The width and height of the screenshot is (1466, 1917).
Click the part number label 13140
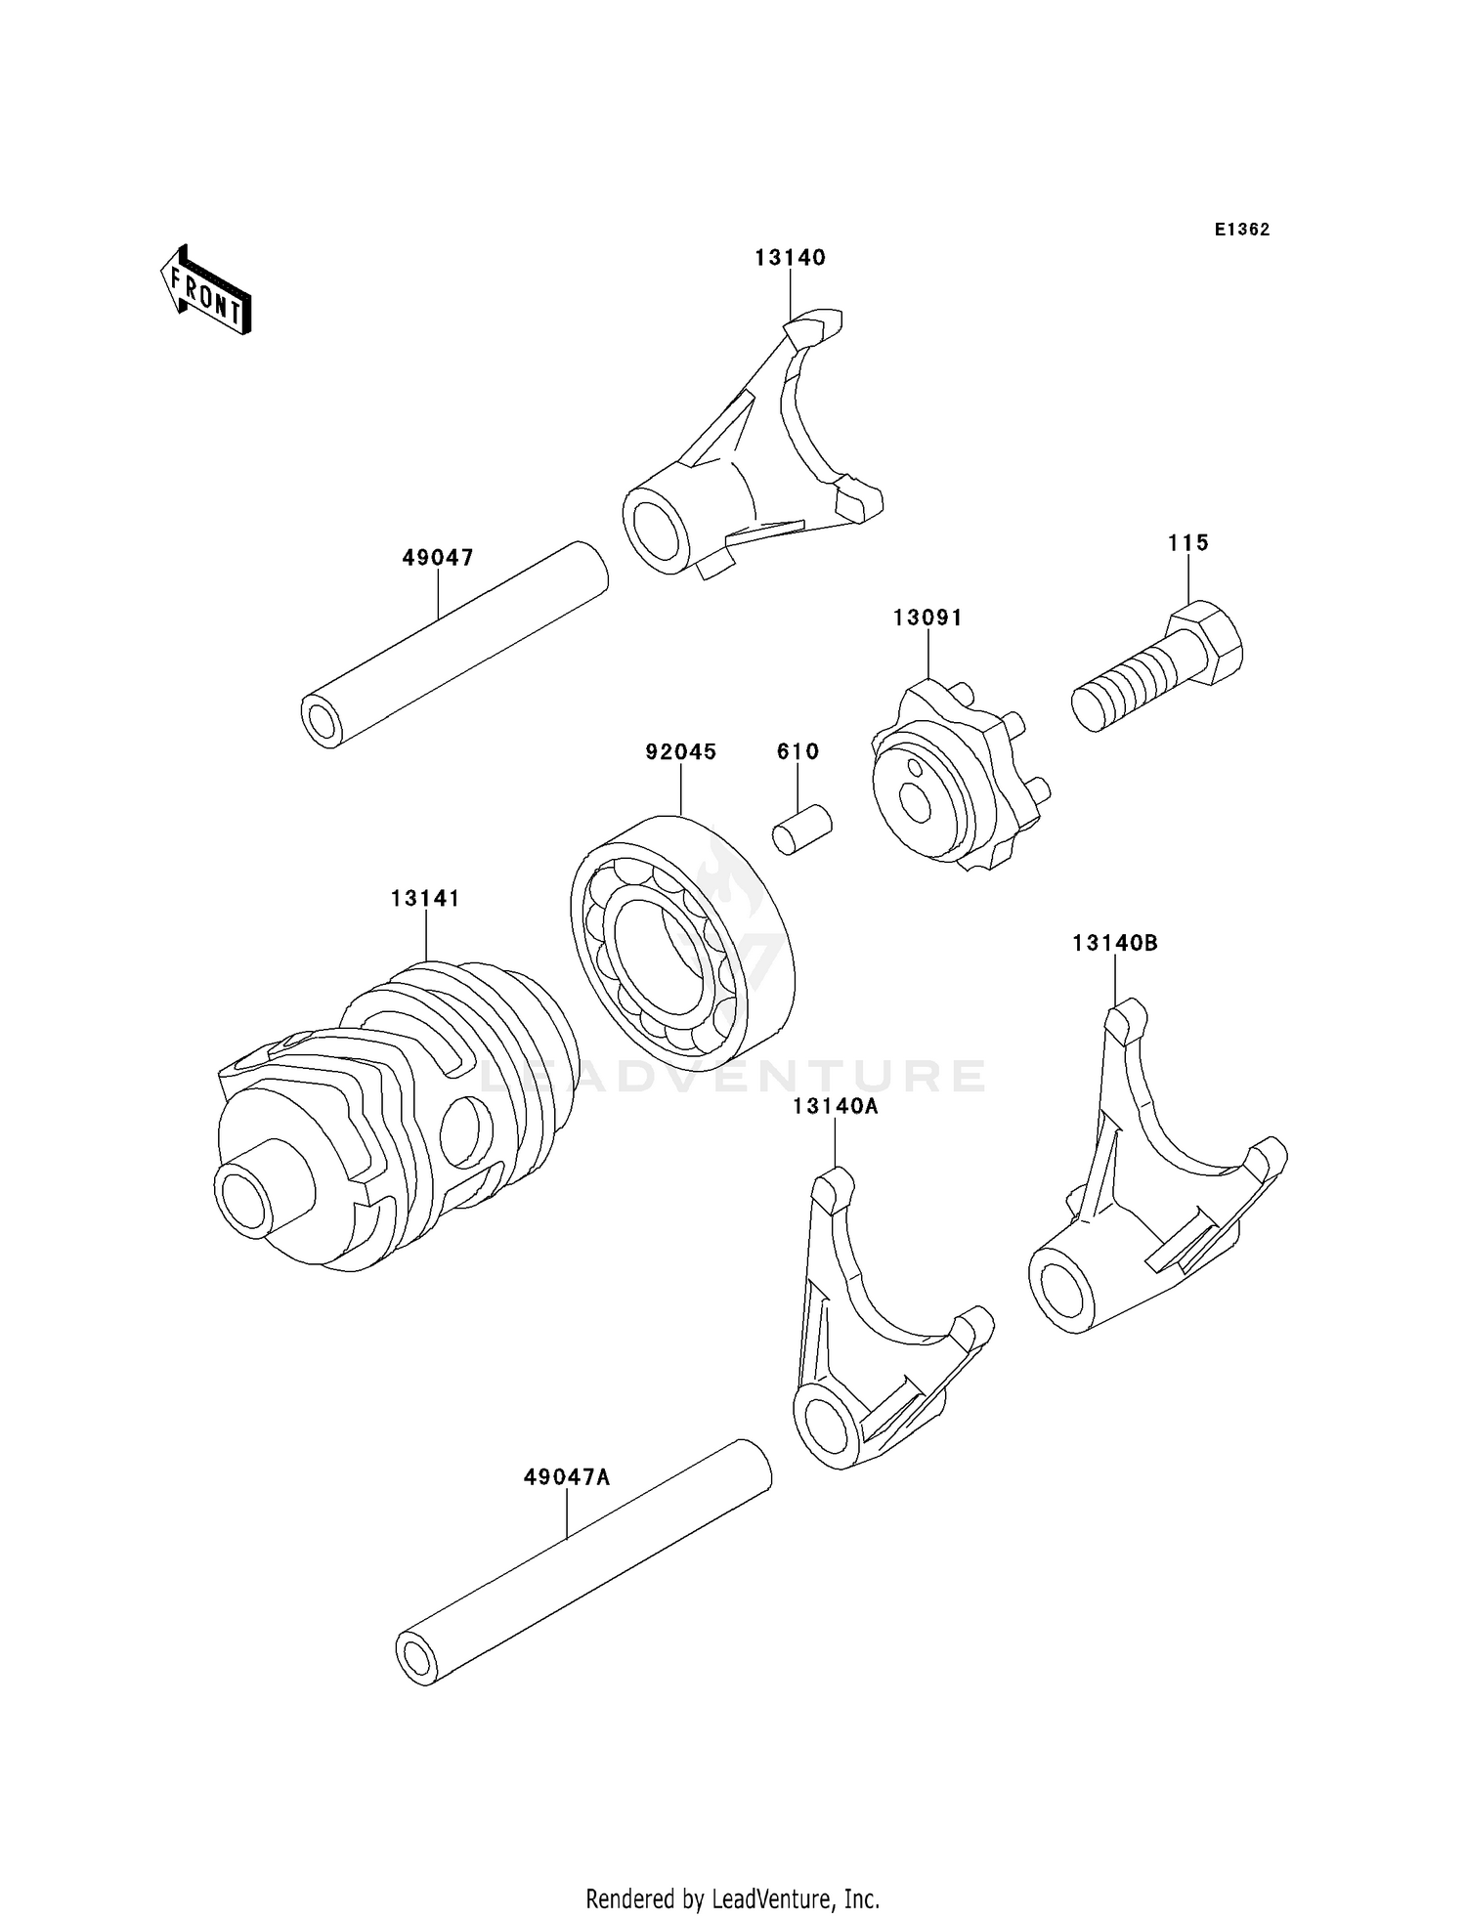[x=790, y=258]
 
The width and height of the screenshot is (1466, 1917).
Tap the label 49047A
[x=566, y=1477]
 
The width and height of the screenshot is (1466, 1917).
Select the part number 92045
[x=680, y=751]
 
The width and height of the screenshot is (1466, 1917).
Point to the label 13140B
[x=1114, y=943]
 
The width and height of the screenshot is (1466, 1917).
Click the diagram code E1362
[x=1242, y=230]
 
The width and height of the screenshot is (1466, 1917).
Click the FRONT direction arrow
[x=206, y=291]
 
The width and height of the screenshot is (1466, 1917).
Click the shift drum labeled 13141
[x=391, y=1114]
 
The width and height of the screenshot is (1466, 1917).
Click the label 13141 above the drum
[x=425, y=898]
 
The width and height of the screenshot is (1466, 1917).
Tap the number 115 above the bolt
[x=1187, y=542]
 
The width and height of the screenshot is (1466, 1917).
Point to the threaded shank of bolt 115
[x=1124, y=690]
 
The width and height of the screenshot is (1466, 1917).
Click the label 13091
[x=927, y=618]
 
